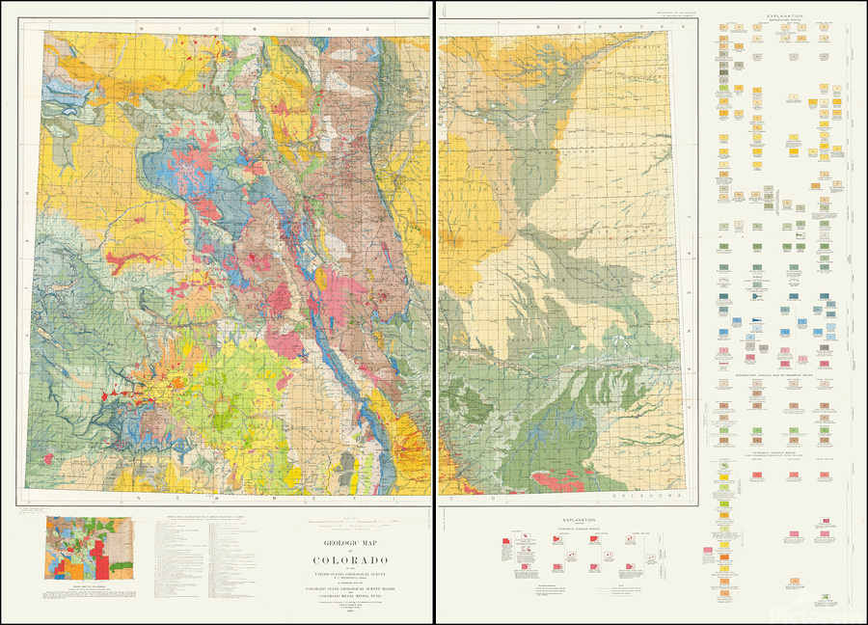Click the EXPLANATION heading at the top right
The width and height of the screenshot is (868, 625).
(786, 15)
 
